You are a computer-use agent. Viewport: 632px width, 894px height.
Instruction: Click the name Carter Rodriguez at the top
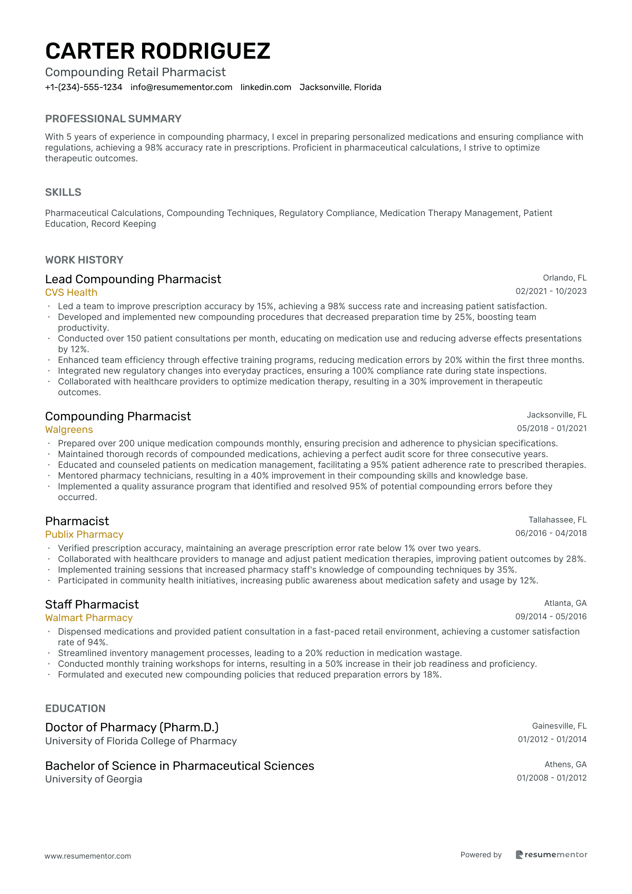(158, 51)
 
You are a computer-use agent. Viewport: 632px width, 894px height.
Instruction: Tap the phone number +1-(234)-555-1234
(84, 87)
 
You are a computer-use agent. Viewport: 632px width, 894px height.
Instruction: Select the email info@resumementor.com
(182, 87)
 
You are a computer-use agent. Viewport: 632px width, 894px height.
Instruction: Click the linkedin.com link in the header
(266, 87)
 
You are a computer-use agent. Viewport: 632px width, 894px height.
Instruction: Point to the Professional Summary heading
(113, 119)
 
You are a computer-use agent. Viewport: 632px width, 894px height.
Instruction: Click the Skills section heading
(63, 192)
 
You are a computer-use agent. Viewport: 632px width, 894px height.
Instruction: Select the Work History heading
(84, 260)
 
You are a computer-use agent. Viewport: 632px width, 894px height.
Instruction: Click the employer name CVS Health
(71, 293)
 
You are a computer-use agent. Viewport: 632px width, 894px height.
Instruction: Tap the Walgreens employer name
(69, 430)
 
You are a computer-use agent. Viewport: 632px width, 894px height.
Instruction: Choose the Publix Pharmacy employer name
(84, 535)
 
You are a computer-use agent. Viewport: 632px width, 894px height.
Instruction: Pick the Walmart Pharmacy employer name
(89, 618)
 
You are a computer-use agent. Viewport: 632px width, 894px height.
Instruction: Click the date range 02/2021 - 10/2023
(551, 291)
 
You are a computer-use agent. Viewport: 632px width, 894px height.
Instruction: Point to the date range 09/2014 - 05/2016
(551, 617)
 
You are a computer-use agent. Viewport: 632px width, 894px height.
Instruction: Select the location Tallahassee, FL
(557, 520)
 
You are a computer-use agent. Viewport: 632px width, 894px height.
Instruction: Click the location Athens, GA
(565, 764)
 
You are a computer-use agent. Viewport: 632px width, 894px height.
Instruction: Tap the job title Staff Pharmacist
(92, 605)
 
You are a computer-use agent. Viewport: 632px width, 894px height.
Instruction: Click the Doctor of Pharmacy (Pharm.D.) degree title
(132, 727)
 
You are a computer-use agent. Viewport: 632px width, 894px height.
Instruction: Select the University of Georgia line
(94, 779)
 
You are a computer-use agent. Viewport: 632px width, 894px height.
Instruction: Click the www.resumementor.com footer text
(88, 856)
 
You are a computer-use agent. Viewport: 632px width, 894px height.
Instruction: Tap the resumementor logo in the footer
(551, 855)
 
